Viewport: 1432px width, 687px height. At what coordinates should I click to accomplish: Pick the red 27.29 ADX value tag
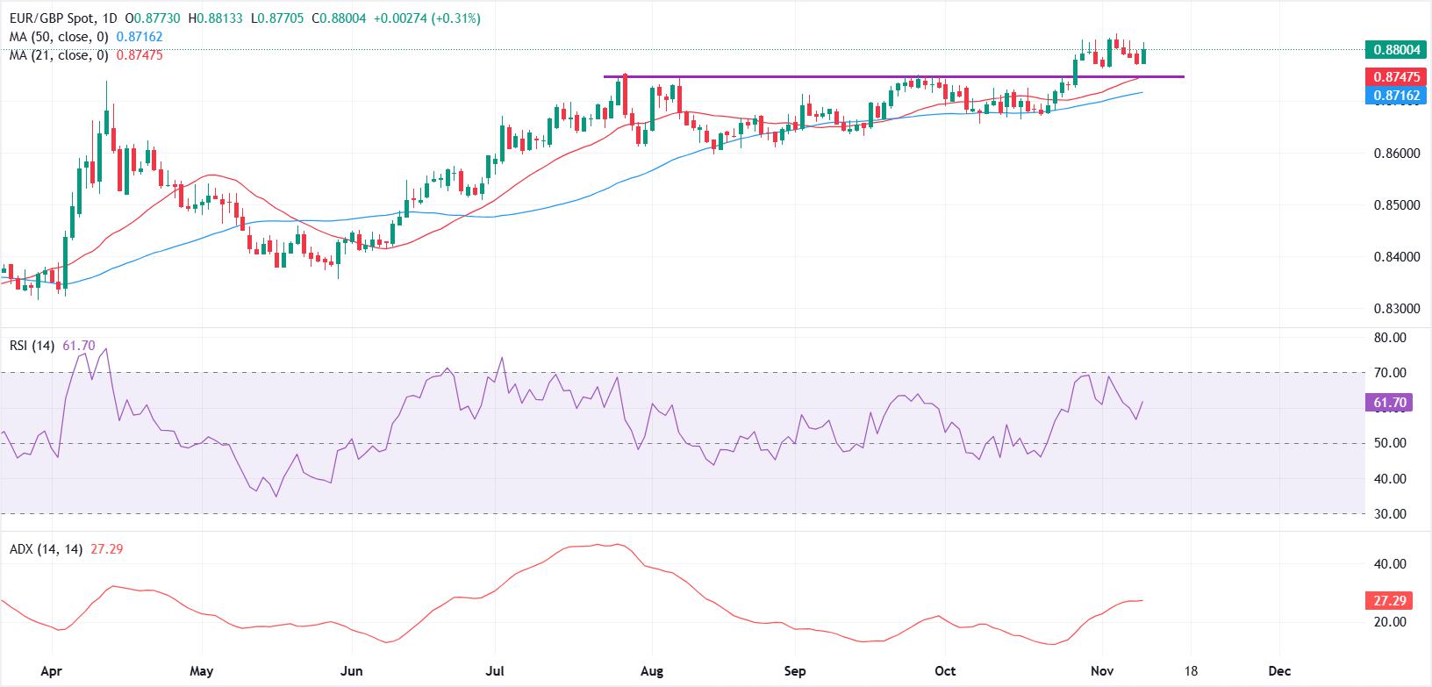pos(1390,601)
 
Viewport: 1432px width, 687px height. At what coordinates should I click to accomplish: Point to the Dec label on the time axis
pos(1280,671)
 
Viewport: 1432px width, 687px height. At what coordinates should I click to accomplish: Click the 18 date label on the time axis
pos(1191,671)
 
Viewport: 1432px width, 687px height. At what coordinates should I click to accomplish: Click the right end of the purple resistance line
pos(1184,77)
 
